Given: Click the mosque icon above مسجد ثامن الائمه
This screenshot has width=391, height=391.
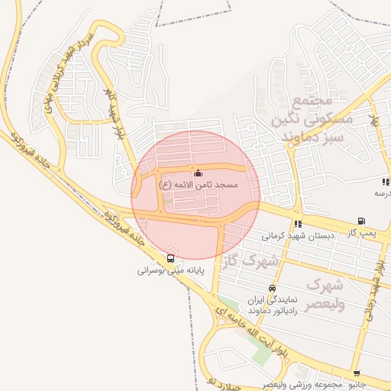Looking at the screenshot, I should tap(199, 173).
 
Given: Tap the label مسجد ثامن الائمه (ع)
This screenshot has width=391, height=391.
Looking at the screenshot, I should tap(199, 185).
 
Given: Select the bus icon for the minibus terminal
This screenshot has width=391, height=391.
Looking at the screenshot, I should tap(170, 258).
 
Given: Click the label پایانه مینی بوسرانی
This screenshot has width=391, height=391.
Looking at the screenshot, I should tap(170, 270).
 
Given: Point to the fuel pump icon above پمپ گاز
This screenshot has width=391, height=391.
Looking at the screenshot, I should tap(361, 221).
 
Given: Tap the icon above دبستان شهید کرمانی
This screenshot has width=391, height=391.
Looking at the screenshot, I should tap(298, 224).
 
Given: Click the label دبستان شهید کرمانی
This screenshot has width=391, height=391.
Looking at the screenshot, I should tap(299, 236).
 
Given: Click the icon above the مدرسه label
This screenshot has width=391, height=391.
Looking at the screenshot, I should tap(385, 182).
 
